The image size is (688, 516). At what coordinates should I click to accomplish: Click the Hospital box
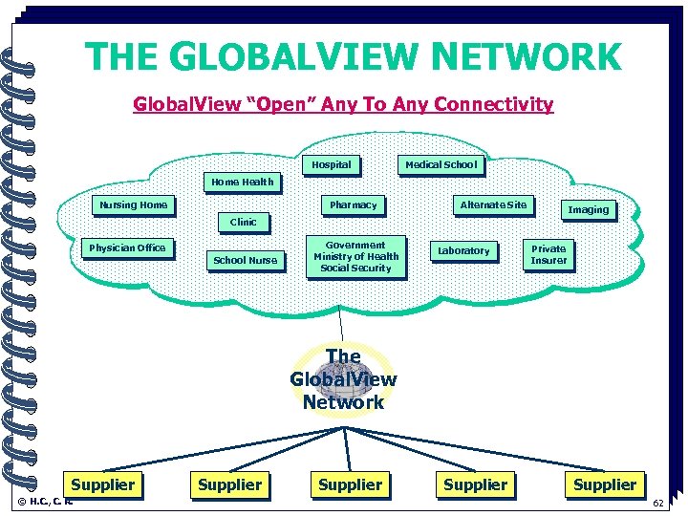[332, 164]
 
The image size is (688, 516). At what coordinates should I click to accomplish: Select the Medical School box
[441, 164]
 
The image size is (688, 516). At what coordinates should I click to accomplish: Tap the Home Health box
[242, 182]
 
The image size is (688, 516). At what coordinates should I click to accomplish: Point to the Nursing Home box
[133, 204]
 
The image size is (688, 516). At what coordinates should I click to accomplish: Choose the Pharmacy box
[353, 204]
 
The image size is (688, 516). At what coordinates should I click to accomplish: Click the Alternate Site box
[493, 204]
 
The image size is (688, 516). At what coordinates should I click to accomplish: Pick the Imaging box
[588, 209]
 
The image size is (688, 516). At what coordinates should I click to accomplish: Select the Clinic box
[243, 222]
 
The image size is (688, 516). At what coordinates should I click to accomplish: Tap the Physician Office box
[127, 247]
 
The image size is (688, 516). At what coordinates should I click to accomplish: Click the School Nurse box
[245, 260]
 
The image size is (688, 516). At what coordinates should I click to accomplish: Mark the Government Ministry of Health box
[355, 256]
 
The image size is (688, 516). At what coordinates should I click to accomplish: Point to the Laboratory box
[463, 250]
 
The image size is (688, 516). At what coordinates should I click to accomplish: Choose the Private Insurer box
[548, 254]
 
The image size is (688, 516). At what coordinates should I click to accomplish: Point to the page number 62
[657, 504]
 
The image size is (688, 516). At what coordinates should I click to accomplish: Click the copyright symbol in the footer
[22, 501]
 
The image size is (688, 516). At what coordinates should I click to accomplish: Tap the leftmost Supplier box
[103, 484]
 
